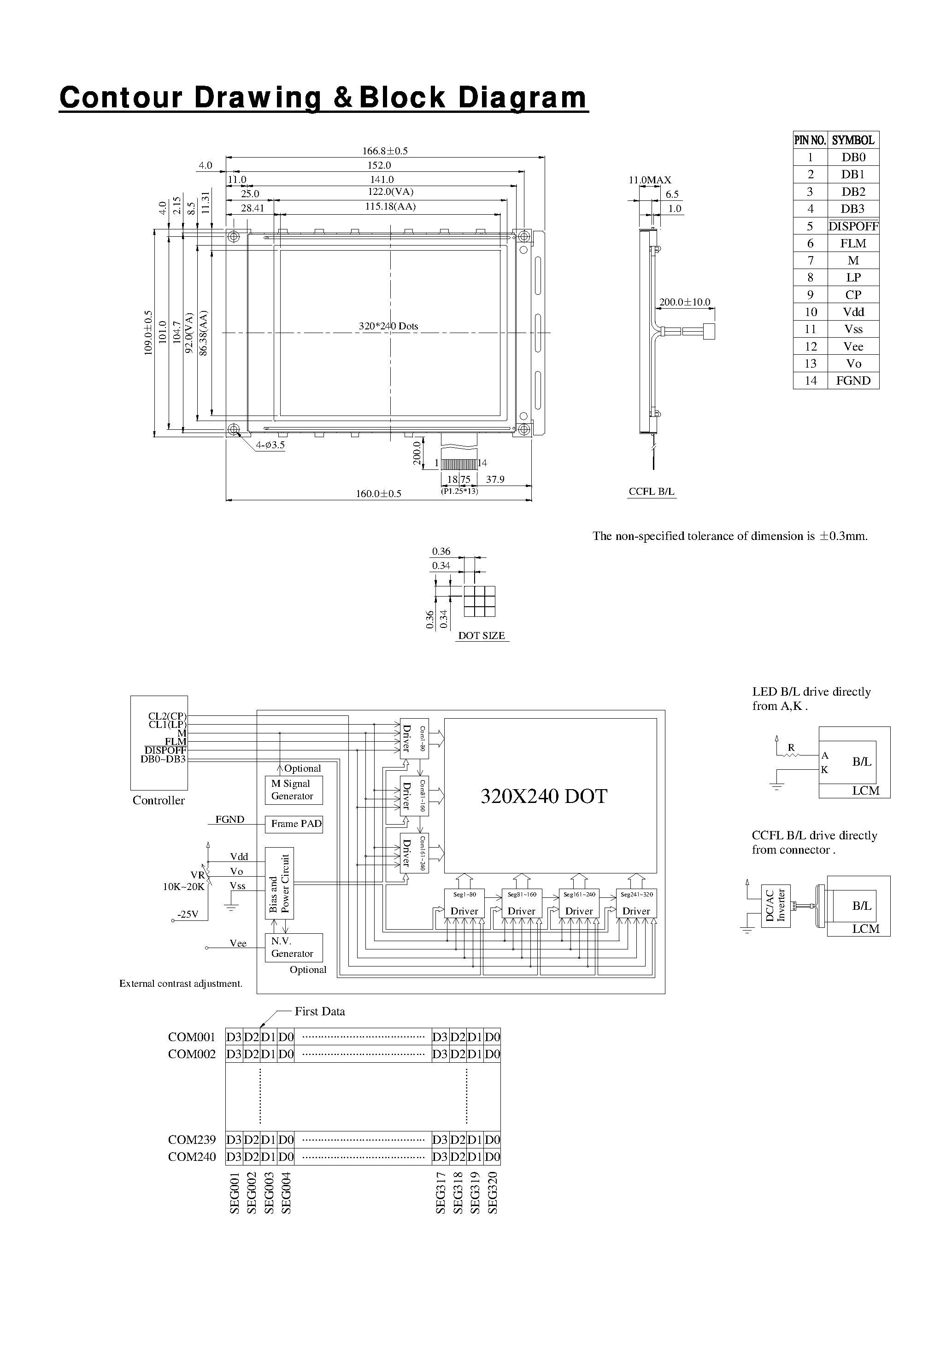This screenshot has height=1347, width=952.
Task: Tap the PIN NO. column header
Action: pyautogui.click(x=810, y=140)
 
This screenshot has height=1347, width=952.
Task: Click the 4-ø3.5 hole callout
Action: pyautogui.click(x=270, y=445)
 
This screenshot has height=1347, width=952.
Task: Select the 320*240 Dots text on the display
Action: pyautogui.click(x=388, y=326)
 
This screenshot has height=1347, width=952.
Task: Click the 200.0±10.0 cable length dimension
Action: pyautogui.click(x=684, y=302)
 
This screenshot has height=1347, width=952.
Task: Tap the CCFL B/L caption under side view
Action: pyautogui.click(x=652, y=492)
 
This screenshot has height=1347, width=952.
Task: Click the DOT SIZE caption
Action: pyautogui.click(x=481, y=635)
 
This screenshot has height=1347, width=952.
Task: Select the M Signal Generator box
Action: pyautogui.click(x=294, y=790)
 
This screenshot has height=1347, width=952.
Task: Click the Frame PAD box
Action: pyautogui.click(x=294, y=824)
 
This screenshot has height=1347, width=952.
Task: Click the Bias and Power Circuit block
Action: pyautogui.click(x=279, y=883)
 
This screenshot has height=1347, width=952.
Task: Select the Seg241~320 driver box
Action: pyautogui.click(x=636, y=903)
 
